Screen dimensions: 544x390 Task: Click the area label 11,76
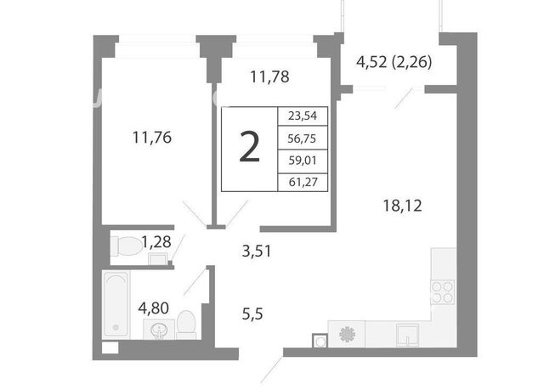coord(152,138)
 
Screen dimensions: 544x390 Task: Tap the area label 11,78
coord(269,77)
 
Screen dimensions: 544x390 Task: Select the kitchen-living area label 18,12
coord(402,206)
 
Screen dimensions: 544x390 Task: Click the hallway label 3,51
coord(257,251)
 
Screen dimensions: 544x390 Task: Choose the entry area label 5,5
coord(252,314)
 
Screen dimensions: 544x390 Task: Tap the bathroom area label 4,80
coord(154,308)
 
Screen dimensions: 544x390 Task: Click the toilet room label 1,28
coord(156,241)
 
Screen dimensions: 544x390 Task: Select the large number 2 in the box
coord(249,148)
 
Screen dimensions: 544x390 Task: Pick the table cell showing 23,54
coord(303,116)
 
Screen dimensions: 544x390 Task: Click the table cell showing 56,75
coord(303,138)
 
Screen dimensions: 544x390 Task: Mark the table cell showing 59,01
coord(303,161)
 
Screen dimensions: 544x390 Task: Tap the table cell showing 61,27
coord(303,182)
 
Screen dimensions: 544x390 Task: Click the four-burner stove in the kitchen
coord(443,292)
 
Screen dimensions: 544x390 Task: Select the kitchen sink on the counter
coord(408,335)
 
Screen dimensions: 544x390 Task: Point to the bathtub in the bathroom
coord(116,305)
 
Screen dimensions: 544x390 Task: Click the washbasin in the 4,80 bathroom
coord(159,330)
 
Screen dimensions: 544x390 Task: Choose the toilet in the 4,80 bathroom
coord(186,325)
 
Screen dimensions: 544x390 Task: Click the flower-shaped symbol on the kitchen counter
coord(348,334)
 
